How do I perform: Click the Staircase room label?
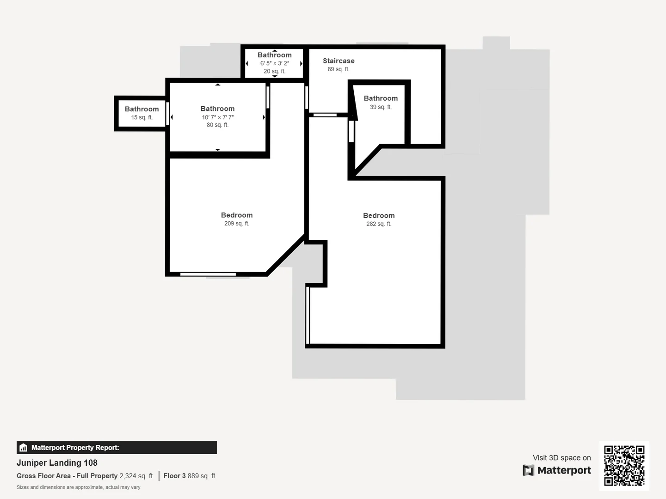tap(339, 61)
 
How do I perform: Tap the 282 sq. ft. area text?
tap(379, 224)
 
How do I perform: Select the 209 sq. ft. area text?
tap(237, 224)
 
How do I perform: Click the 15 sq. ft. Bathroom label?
tap(142, 109)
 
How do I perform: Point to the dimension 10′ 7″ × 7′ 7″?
tap(217, 117)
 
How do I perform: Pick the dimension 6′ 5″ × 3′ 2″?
tap(275, 63)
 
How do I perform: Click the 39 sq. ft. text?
tap(381, 107)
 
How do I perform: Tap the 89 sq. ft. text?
tap(338, 69)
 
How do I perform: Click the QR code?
tap(624, 466)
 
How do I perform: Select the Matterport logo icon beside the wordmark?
tap(528, 470)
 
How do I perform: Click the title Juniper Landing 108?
tap(57, 462)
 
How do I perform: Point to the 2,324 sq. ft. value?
tap(136, 476)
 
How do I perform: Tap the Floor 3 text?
tap(174, 476)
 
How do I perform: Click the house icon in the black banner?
tap(24, 448)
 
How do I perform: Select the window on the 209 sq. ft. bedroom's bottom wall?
tap(208, 274)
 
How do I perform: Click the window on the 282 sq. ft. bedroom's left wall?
tap(308, 316)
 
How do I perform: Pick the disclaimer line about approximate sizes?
tap(78, 487)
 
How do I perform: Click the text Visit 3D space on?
tap(561, 457)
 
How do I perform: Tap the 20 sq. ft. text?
tap(275, 71)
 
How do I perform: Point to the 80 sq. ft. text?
tap(217, 125)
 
